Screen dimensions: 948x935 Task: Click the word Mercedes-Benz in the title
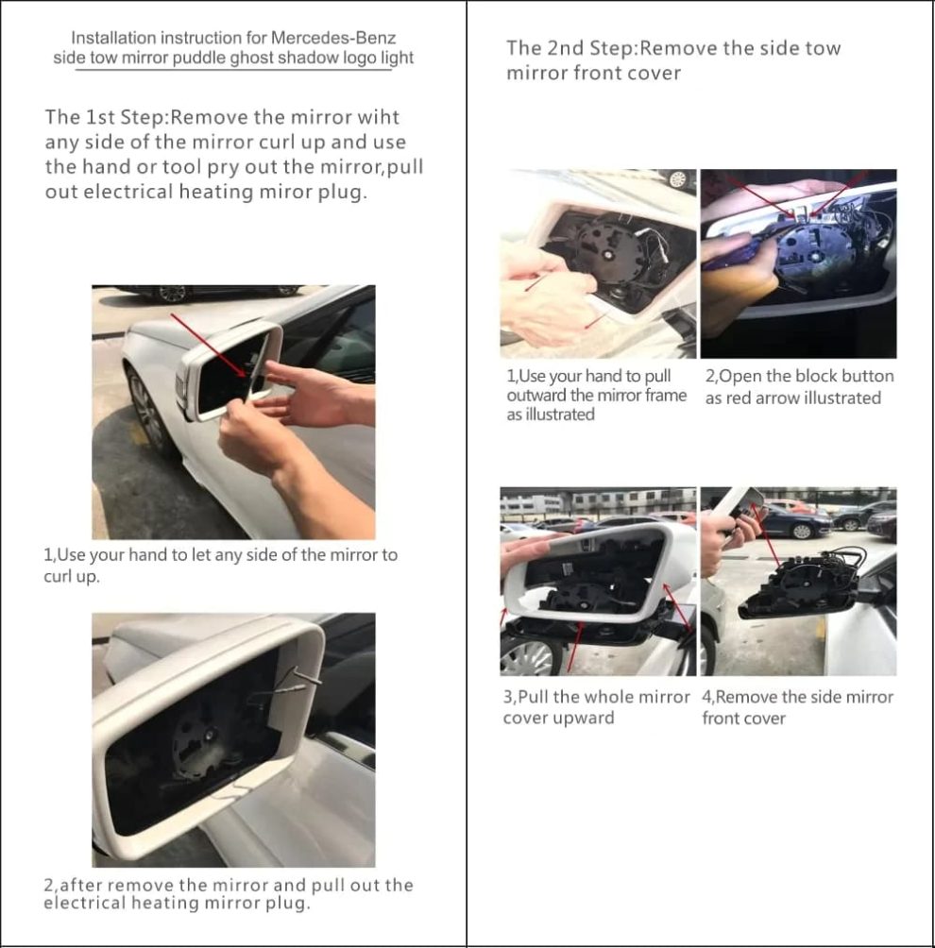(333, 39)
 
